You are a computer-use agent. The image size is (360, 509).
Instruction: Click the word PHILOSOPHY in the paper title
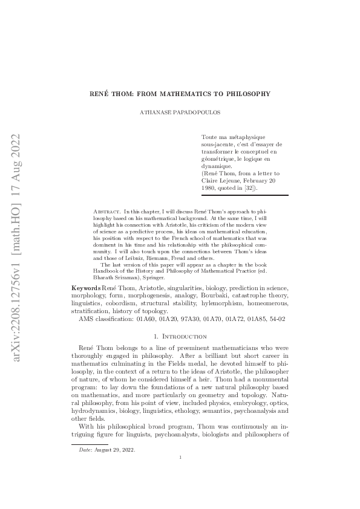247,94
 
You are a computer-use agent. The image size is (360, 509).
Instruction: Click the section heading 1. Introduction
180,336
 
